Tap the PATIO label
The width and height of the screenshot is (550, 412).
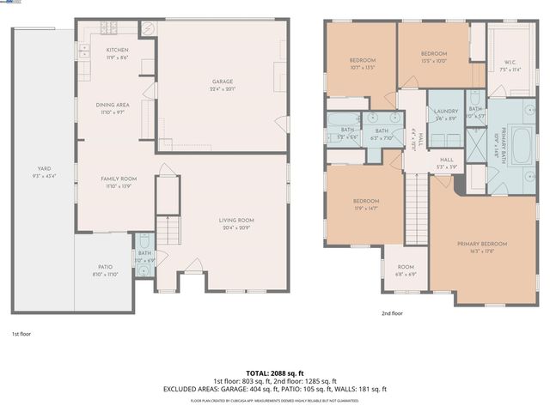tap(102, 271)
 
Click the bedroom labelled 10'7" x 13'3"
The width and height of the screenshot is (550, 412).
tap(363, 64)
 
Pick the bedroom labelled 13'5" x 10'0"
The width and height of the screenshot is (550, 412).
tap(433, 58)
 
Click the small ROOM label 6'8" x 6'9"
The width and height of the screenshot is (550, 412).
tap(406, 270)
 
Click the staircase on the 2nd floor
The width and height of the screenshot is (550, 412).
tap(416, 207)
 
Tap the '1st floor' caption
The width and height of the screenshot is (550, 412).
tap(22, 333)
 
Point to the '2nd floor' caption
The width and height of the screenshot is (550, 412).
tap(392, 313)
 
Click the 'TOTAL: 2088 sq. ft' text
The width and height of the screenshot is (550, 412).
tap(275, 373)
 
